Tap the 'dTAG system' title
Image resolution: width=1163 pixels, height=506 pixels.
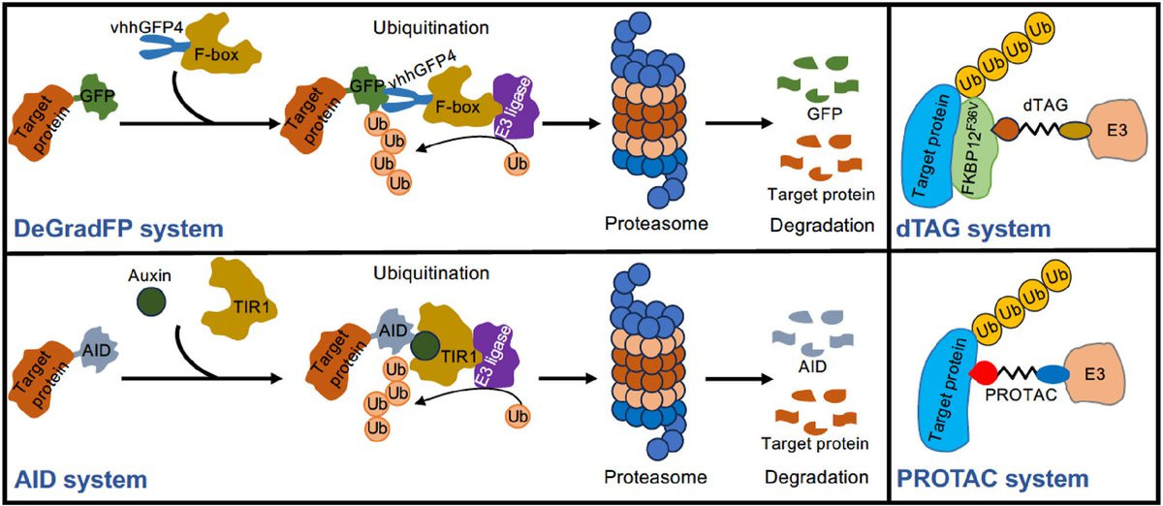(x=983, y=230)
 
